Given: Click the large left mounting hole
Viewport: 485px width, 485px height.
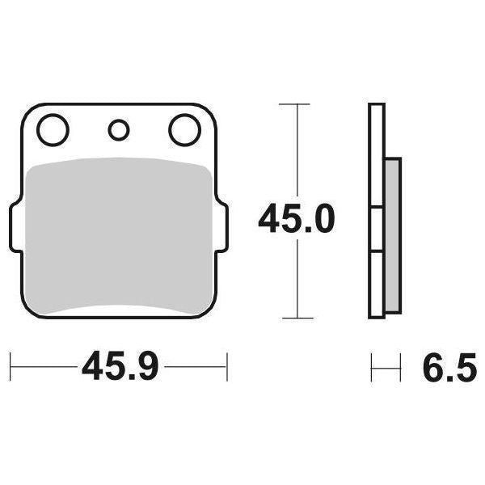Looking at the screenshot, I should click(x=53, y=129).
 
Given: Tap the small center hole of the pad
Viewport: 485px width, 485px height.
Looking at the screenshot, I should click(x=119, y=129).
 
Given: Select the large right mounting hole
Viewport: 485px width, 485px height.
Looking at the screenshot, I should click(x=183, y=129).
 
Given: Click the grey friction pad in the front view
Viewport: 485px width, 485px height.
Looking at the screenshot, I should click(x=118, y=234).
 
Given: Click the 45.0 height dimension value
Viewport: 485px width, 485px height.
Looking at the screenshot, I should click(x=296, y=219).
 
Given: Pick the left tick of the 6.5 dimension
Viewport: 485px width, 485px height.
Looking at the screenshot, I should click(x=372, y=367).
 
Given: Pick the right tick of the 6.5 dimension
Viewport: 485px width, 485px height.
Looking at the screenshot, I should click(x=400, y=367).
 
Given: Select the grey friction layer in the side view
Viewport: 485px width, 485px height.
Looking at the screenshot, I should click(x=391, y=234).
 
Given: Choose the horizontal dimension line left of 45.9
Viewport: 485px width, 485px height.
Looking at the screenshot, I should click(x=44, y=367).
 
